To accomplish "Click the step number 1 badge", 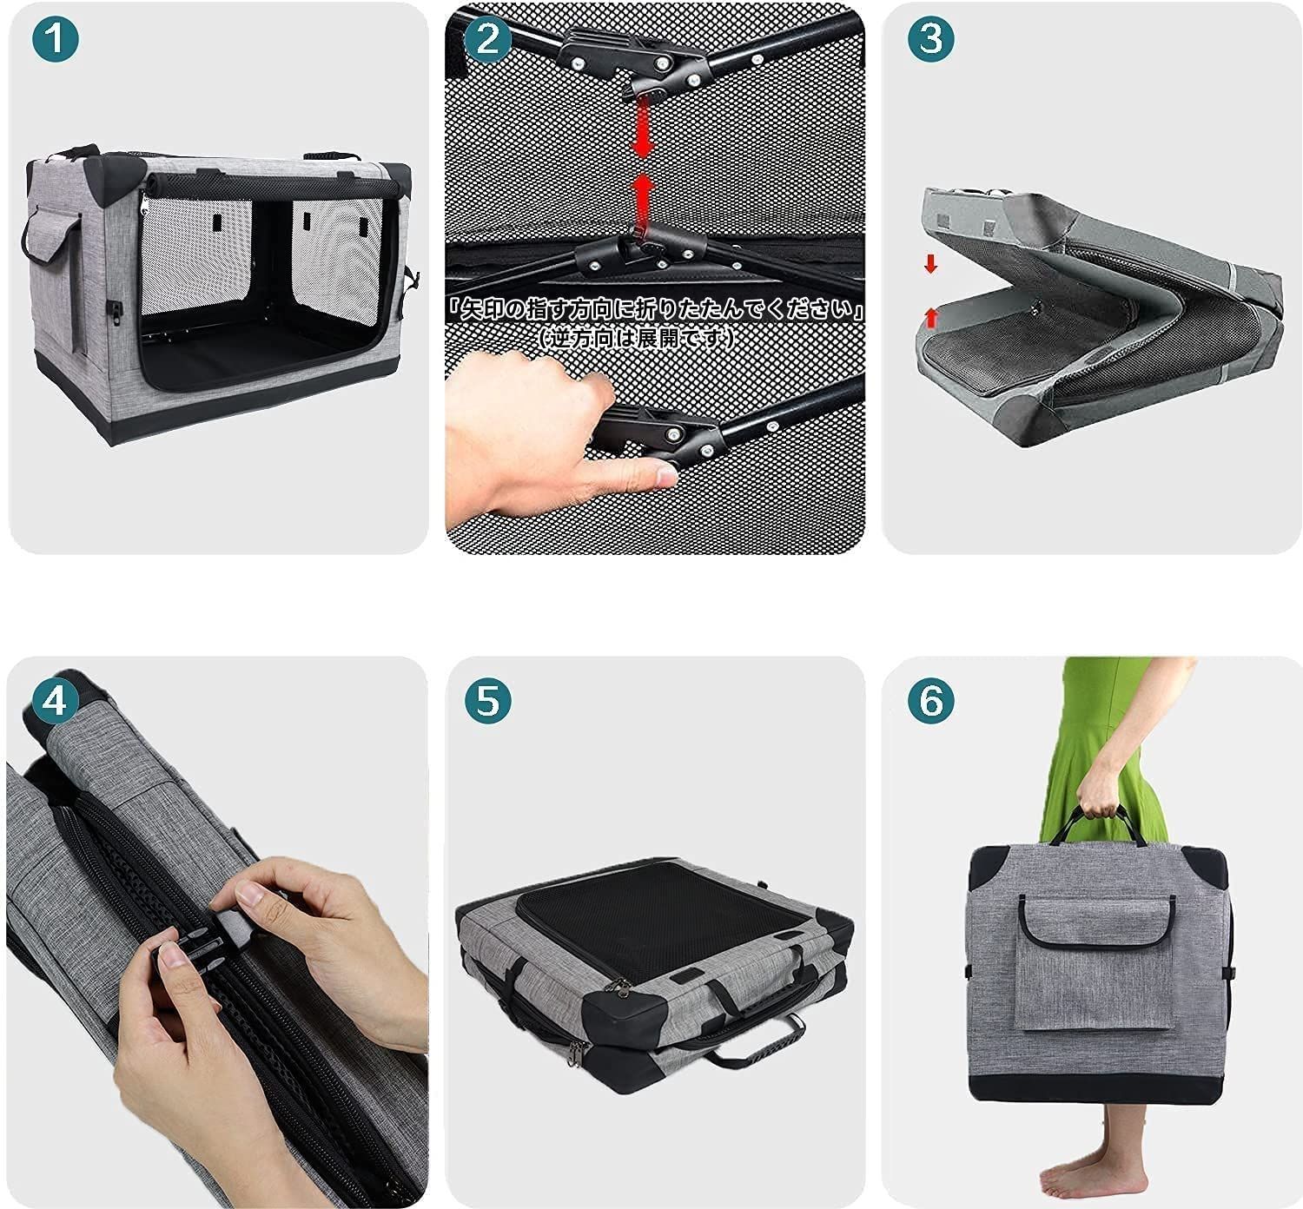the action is (55, 39).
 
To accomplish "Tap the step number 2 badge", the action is (487, 39).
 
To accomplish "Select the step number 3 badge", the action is (931, 39).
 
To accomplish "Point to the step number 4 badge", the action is (55, 701).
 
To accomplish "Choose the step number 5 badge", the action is (487, 701).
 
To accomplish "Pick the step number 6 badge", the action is (931, 701).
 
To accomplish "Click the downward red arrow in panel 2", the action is (644, 131).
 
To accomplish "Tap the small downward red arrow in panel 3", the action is (930, 264).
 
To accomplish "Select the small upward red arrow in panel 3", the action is (930, 318).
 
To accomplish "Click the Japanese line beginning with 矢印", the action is (654, 309).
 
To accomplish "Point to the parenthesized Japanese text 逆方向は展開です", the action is (635, 339).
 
